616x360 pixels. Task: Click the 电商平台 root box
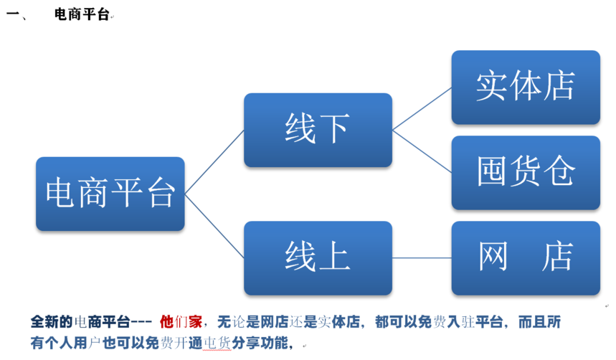[110, 194]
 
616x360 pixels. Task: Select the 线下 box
[318, 130]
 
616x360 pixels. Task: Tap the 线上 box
[318, 258]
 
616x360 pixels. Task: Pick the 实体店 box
[526, 87]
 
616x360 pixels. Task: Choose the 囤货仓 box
[526, 173]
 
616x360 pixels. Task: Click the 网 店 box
[526, 258]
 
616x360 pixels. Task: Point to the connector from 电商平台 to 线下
[214, 162]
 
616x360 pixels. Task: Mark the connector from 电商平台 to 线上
[214, 226]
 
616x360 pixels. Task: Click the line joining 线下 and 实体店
[422, 109]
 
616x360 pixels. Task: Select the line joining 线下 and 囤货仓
[422, 151]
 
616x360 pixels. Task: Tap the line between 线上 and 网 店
[422, 258]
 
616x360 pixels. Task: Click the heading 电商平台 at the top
[81, 14]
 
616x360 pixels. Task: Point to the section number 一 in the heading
[13, 14]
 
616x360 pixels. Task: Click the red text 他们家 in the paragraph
[181, 322]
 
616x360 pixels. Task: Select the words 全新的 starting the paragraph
[52, 322]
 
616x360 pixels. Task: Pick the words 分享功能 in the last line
[260, 343]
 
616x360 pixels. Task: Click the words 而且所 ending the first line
[539, 322]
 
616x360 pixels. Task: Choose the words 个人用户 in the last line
[73, 343]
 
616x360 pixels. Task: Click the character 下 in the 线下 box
[335, 128]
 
